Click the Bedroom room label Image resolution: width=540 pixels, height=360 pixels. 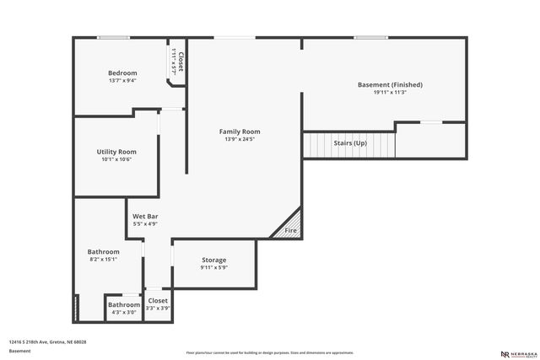[x=122, y=73]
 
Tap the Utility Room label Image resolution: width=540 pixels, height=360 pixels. [x=116, y=152]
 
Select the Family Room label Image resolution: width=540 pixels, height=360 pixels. [x=240, y=132]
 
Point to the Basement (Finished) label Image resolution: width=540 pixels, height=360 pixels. [x=390, y=84]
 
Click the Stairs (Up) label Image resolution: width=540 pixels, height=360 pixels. [x=349, y=143]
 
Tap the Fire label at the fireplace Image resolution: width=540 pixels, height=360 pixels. [x=290, y=230]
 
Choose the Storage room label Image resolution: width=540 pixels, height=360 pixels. [x=214, y=260]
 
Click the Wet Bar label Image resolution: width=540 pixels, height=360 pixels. [x=145, y=217]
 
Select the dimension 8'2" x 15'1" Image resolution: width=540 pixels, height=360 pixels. [x=104, y=260]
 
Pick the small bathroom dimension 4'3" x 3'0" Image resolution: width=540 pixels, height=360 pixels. [x=123, y=313]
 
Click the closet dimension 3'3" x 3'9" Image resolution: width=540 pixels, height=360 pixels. [x=158, y=309]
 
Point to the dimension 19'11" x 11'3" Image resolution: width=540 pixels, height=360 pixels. [x=390, y=93]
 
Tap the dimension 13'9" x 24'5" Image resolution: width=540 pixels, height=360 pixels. [x=240, y=140]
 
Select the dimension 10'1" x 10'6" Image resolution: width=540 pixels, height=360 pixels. [x=116, y=159]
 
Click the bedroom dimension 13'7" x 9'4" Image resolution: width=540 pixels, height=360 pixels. [x=122, y=81]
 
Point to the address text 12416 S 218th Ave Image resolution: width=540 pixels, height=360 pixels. [x=48, y=342]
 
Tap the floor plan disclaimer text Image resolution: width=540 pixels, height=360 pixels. [x=269, y=352]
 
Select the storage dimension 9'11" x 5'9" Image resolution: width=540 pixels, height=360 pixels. [x=214, y=267]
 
